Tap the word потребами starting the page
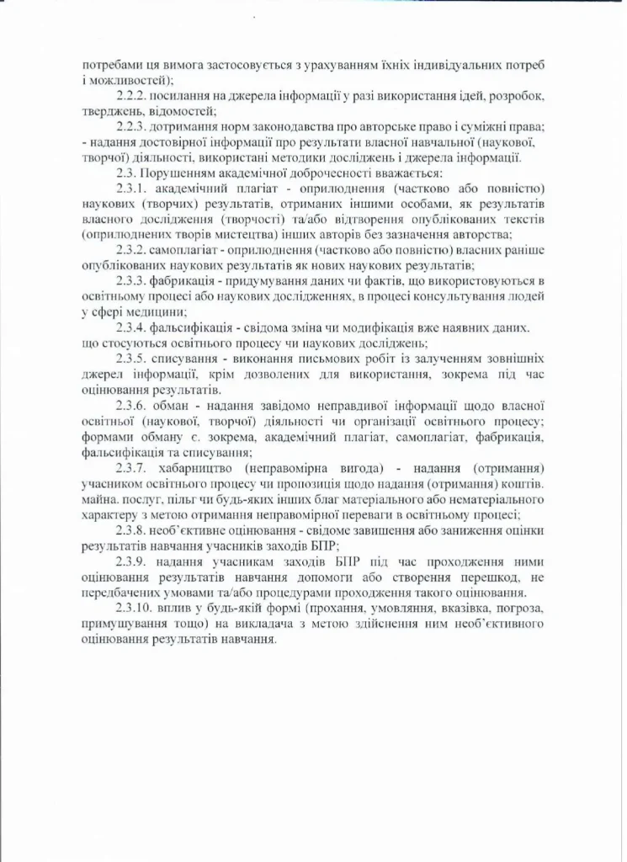click(110, 65)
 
